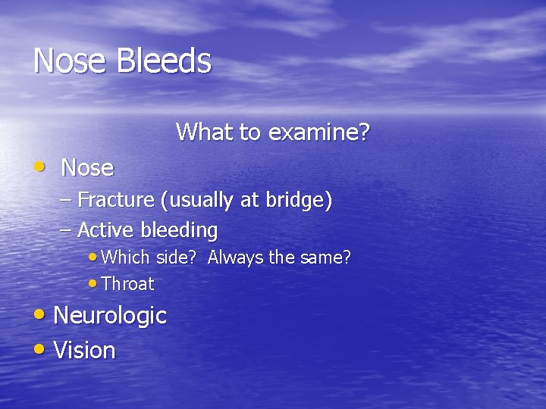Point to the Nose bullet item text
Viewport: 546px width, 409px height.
(x=87, y=167)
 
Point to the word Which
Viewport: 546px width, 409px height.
(x=126, y=258)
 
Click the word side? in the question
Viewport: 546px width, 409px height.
(x=177, y=258)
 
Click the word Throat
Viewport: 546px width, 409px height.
(x=127, y=285)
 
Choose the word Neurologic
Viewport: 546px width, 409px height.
(x=110, y=315)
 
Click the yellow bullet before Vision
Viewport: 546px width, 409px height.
(x=39, y=349)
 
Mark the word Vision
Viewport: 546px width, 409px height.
(x=85, y=351)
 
